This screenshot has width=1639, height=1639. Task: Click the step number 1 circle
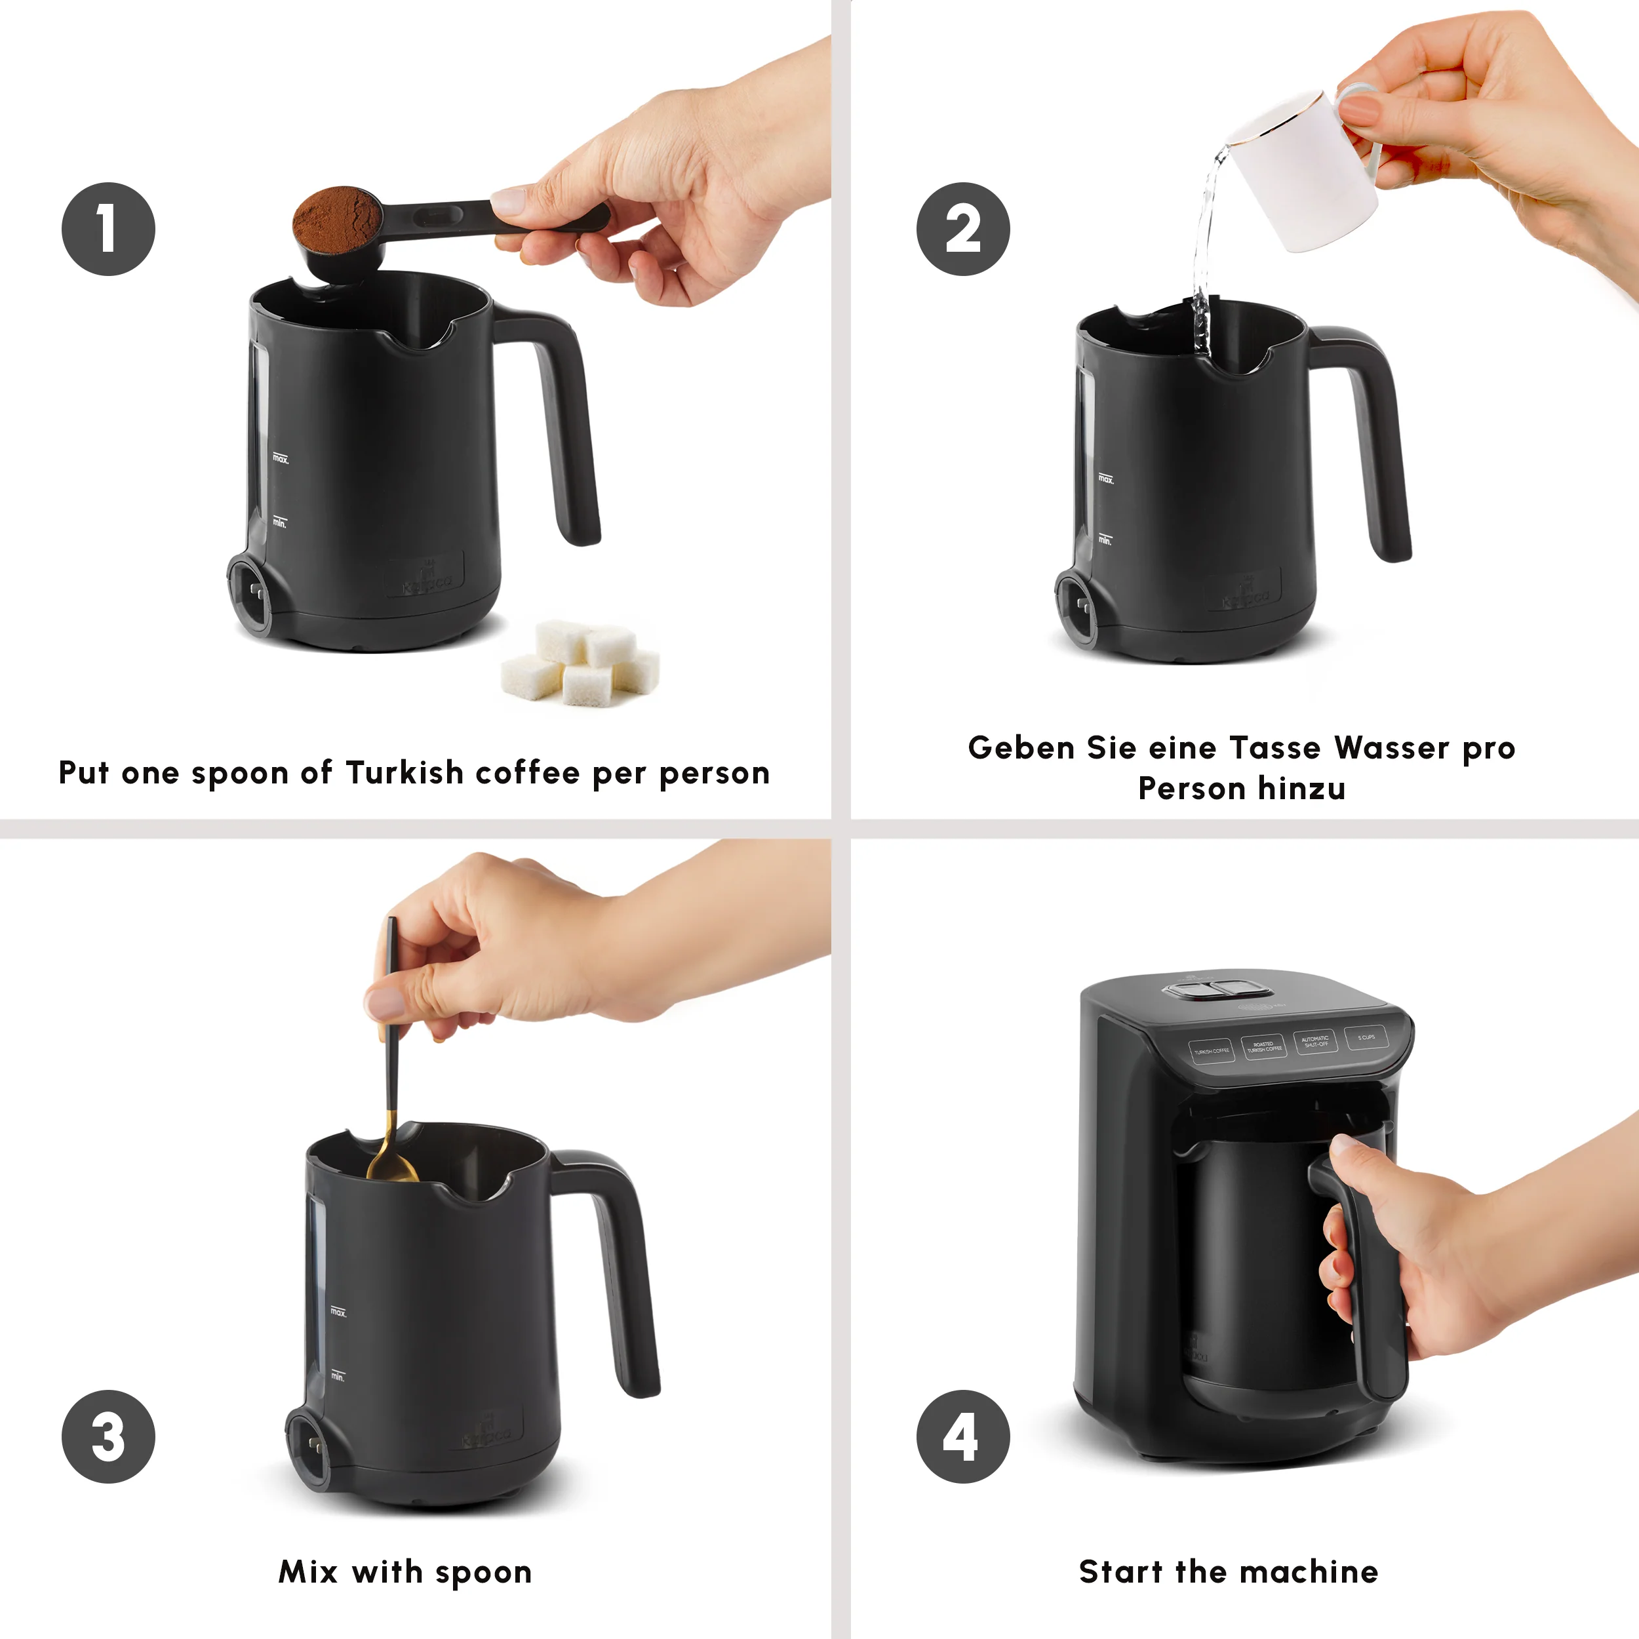pos(108,228)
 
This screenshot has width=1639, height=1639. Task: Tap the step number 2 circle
pos(963,228)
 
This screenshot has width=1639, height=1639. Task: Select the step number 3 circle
pos(108,1436)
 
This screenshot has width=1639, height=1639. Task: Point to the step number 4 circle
pos(963,1436)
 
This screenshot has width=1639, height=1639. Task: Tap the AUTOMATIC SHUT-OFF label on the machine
pos(1315,1041)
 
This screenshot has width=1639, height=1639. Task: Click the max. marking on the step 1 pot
pos(280,459)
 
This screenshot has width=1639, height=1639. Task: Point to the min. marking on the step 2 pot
pos(1105,540)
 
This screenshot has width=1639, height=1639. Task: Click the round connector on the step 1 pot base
pos(251,593)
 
